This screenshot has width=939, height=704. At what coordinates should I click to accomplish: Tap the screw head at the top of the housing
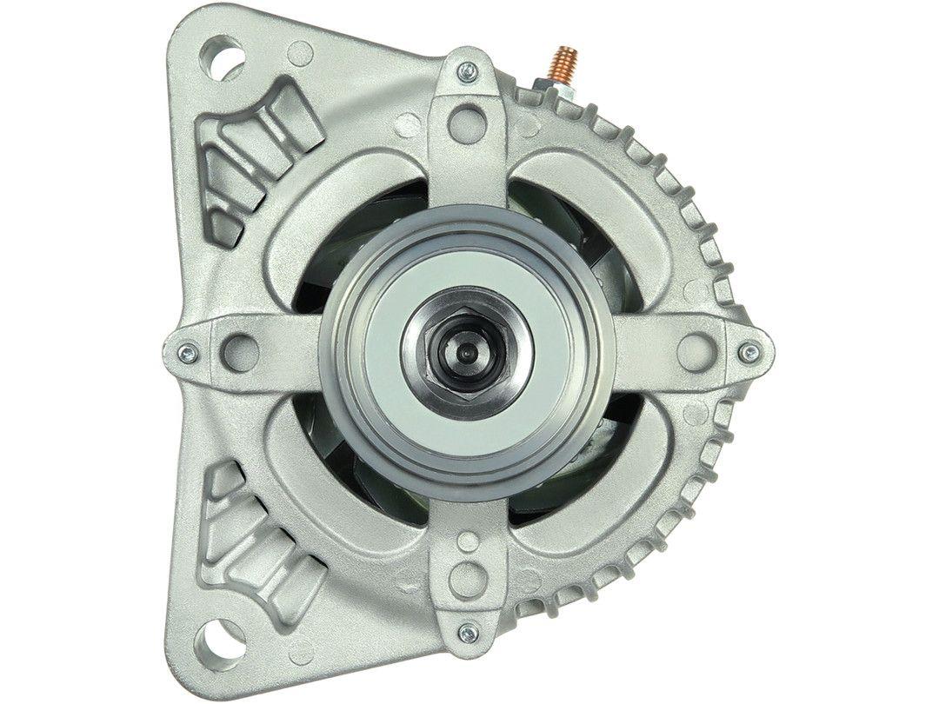468,70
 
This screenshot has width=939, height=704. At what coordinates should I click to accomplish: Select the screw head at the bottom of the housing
468,632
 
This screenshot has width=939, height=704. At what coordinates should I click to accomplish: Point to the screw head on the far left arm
185,352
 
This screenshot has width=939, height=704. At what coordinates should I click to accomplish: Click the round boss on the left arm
239,351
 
